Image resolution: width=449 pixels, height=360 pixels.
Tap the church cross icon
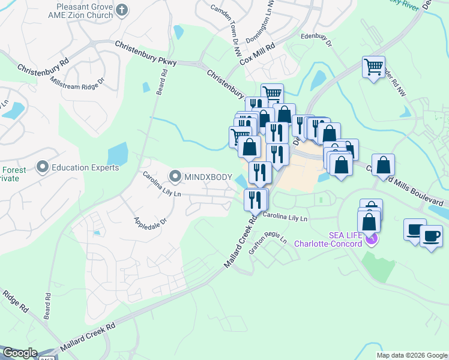(x=122, y=10)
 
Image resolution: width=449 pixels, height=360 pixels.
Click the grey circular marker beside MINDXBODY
(x=175, y=176)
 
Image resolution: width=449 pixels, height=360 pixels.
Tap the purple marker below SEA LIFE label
(x=372, y=239)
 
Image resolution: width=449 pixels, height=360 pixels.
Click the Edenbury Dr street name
(x=316, y=39)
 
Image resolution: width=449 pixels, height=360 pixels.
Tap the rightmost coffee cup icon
(x=431, y=235)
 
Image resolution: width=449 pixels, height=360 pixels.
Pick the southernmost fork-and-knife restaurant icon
(x=255, y=199)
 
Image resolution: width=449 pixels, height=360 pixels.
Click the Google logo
(x=20, y=353)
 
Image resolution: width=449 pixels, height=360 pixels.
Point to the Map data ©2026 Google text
(x=411, y=355)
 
